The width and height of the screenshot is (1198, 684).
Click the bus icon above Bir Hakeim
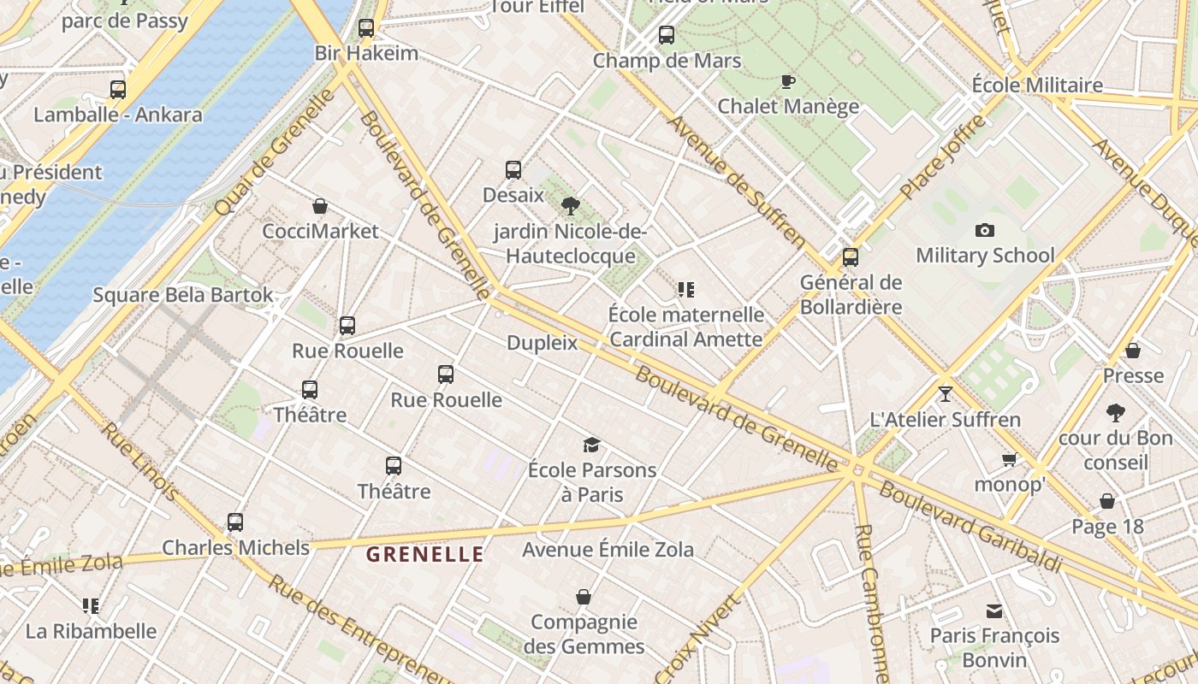point(366,28)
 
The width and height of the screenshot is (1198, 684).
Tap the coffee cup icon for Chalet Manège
point(788,81)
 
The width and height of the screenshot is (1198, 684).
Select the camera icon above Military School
point(985,230)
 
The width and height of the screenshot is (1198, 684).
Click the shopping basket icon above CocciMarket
point(320,206)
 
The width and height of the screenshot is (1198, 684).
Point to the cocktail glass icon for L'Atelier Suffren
point(945,394)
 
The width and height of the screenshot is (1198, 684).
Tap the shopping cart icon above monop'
point(1010,460)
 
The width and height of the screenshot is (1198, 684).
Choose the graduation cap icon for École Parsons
point(591,445)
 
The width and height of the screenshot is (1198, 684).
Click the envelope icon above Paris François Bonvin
point(994,611)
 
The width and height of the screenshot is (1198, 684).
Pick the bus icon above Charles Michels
point(235,522)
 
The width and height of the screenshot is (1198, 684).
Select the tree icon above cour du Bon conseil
point(1115,413)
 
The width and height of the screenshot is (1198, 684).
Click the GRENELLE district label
point(425,554)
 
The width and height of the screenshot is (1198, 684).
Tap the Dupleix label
point(543,344)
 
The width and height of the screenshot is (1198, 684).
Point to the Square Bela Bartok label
point(183,296)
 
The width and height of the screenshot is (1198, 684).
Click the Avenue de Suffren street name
point(736,180)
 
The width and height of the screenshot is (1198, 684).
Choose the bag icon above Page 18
point(1107,501)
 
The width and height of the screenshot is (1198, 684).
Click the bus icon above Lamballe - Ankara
point(118,89)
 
